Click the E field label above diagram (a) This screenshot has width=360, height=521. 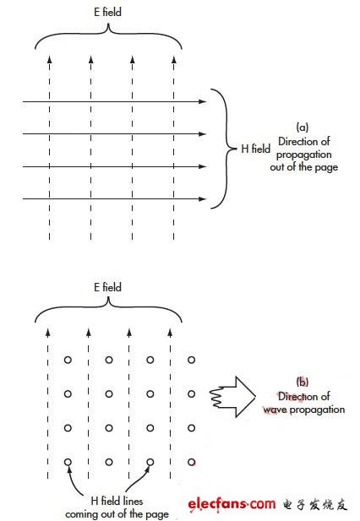(107, 12)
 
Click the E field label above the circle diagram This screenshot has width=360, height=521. (107, 287)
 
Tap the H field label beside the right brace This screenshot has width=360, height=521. (255, 149)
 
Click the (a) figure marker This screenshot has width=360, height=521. (303, 127)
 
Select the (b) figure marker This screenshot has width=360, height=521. (303, 382)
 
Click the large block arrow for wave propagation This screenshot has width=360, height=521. (232, 397)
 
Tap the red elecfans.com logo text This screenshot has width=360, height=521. (232, 504)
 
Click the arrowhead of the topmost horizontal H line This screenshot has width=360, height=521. (203, 101)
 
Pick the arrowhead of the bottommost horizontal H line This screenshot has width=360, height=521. (203, 198)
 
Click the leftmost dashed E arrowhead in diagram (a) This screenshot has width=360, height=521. (50, 59)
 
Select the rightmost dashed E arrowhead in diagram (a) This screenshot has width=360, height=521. (173, 59)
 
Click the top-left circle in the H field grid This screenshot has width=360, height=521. (68, 360)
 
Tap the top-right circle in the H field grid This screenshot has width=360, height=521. (191, 360)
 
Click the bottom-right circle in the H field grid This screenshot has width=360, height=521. (191, 462)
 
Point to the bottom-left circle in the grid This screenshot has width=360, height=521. (68, 462)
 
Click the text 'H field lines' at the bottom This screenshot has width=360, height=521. (117, 501)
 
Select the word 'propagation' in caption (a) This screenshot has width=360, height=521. (304, 155)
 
